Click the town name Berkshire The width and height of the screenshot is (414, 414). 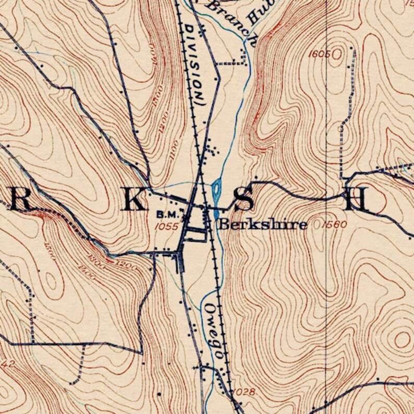[x=262, y=225]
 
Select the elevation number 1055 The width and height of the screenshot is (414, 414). [x=167, y=226]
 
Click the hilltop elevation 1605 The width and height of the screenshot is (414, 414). [x=319, y=54]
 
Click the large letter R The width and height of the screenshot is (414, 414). [x=21, y=198]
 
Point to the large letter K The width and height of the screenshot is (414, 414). [x=134, y=199]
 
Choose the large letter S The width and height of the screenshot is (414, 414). [x=243, y=199]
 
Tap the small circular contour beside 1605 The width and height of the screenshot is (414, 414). [x=339, y=53]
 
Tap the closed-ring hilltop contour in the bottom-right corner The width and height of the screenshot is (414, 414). [x=401, y=340]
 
